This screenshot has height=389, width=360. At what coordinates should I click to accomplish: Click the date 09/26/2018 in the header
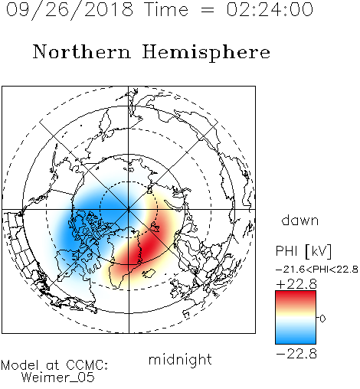(70, 10)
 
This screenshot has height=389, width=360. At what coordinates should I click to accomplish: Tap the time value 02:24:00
(270, 9)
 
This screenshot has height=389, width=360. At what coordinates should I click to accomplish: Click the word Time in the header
(166, 9)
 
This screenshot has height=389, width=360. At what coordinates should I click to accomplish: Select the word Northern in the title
(81, 51)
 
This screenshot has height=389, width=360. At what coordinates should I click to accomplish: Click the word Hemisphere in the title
(206, 52)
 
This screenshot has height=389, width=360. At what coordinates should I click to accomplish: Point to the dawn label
(300, 221)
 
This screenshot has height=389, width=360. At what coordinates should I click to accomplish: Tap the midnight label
(180, 359)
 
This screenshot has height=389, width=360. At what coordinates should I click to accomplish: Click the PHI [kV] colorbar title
(303, 251)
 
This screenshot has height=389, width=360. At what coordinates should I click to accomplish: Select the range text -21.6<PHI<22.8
(317, 270)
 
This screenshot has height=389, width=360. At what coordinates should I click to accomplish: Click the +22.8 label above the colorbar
(296, 284)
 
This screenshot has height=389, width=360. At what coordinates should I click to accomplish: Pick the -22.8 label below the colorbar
(296, 354)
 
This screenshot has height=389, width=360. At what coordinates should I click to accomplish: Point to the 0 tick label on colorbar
(322, 319)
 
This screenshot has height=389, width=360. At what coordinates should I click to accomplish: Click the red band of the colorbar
(296, 297)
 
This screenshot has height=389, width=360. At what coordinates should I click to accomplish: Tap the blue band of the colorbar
(296, 337)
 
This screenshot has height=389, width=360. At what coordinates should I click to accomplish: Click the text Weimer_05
(58, 378)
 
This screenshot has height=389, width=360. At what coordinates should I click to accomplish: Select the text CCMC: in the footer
(87, 365)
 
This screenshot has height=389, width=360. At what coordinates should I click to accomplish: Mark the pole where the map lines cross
(129, 210)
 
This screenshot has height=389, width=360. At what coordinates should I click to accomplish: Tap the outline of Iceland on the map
(149, 273)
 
